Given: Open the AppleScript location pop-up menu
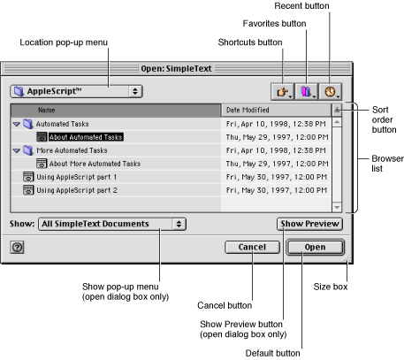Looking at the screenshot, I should point(75,90).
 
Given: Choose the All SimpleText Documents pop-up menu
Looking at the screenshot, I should point(111,225).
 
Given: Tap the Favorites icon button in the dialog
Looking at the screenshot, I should point(309,90).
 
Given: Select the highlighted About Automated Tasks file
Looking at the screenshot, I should point(86,137).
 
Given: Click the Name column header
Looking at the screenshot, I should point(46,111).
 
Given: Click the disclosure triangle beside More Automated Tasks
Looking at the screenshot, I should point(17,150).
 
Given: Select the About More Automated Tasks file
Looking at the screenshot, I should point(94,164).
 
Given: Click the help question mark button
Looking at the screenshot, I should point(17,248).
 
